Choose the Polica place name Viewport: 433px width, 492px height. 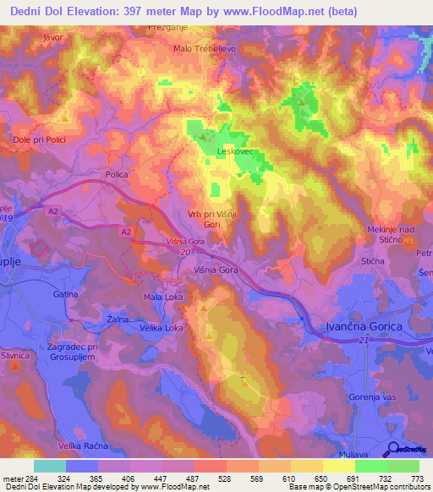tap(116, 174)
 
